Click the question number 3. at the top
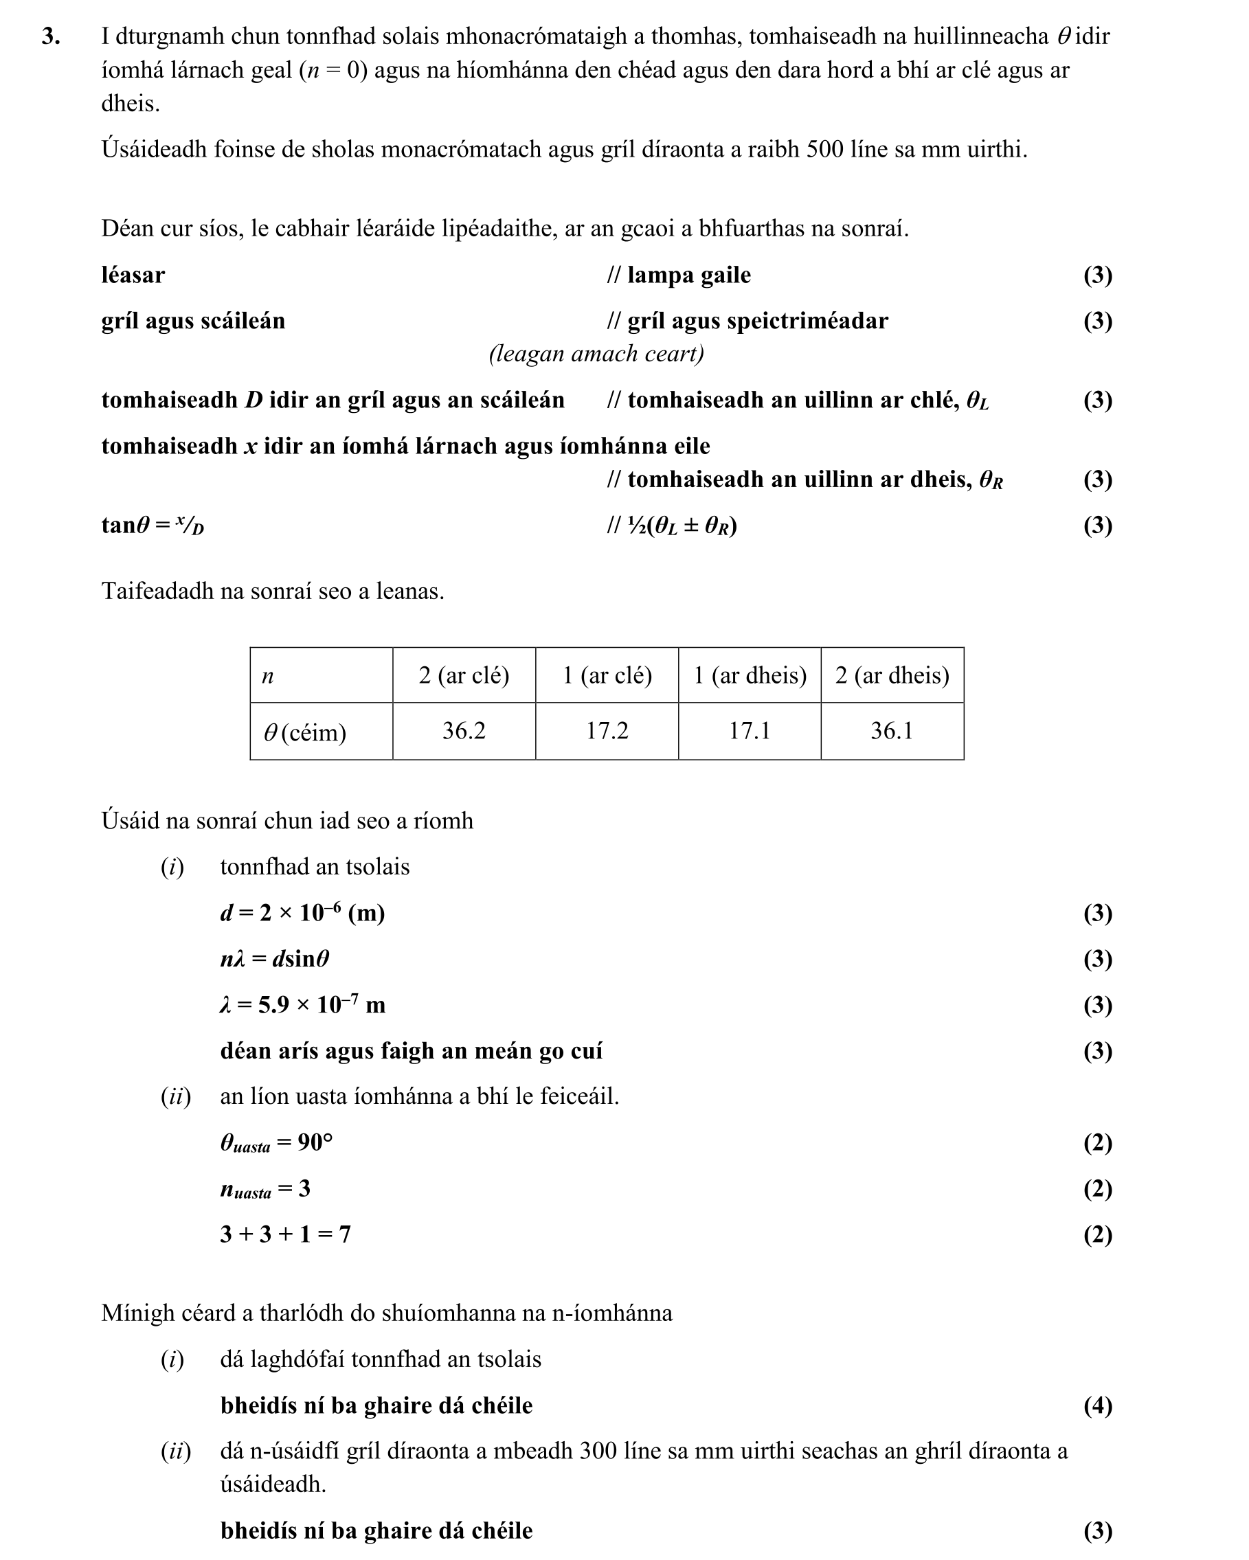pos(51,36)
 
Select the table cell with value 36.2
pos(464,731)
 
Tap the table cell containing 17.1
pos(749,731)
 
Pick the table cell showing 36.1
pos(892,731)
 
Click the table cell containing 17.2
pos(607,731)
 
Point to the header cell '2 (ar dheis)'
pos(892,675)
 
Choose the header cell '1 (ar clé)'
pos(607,675)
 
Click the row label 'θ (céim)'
pos(304,732)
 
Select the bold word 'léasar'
pos(133,275)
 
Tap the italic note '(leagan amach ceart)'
pos(596,354)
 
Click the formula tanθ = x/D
pos(153,525)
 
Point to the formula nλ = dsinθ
pos(275,959)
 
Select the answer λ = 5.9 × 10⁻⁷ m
pos(302,1004)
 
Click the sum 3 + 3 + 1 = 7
pos(285,1234)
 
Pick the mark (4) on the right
pos(1097,1405)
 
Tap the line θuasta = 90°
pos(276,1142)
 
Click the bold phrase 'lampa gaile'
pos(688,275)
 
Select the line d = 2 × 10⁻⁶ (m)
pos(302,913)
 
